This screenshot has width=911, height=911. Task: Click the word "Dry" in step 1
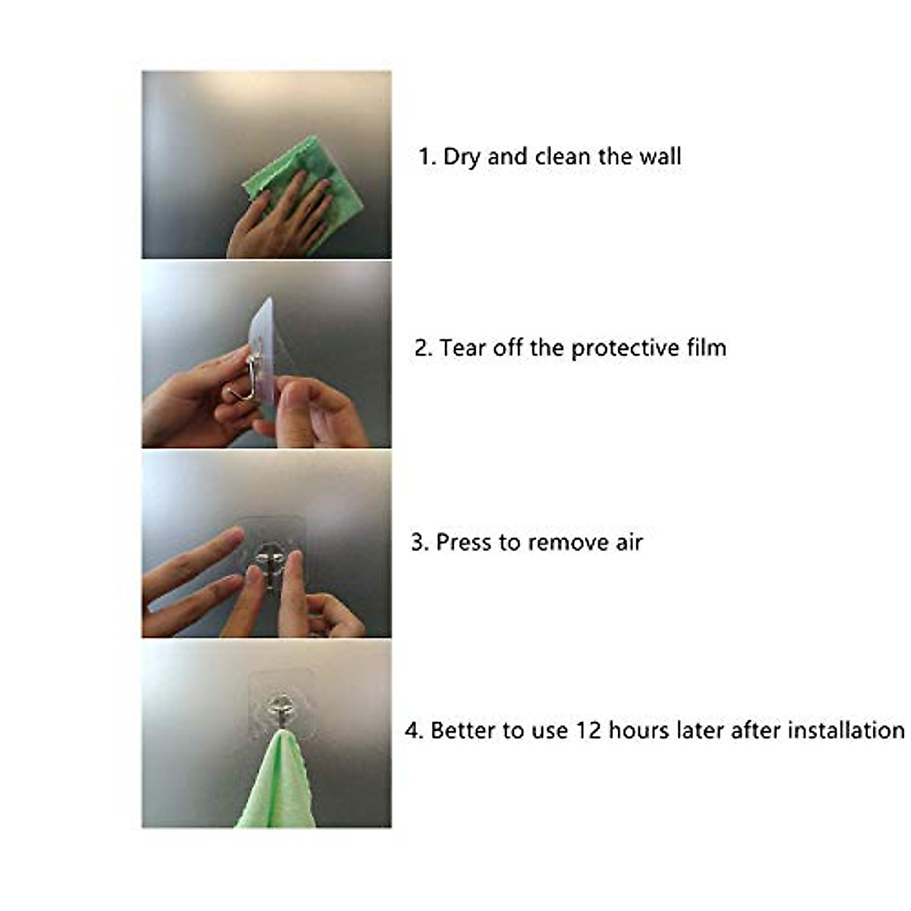pos(462,157)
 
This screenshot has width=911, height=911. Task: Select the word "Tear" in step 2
pos(462,348)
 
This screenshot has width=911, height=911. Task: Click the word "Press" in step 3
pos(464,542)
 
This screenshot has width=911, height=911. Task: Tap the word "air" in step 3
pos(629,542)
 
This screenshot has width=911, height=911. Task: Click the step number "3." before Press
pos(420,542)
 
